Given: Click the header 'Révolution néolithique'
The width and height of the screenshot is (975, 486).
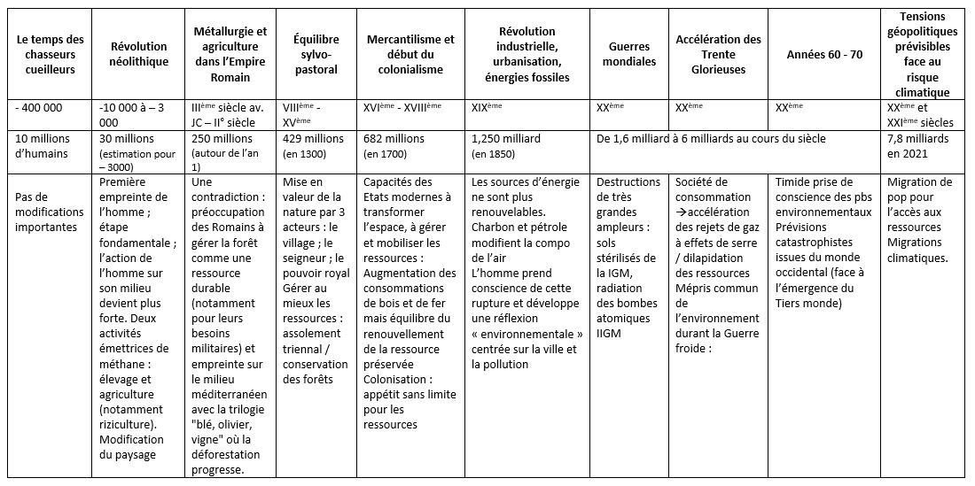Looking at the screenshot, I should point(138,54).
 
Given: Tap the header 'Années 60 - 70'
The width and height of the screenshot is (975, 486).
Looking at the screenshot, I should point(824,54).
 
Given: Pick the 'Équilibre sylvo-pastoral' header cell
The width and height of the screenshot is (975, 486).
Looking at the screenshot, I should point(316,54).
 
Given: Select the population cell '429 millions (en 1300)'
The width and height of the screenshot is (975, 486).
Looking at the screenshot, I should point(314,146).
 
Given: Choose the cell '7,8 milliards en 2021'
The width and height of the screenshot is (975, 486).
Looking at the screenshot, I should point(917,146).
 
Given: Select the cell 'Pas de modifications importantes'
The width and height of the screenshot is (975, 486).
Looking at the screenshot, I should point(50,212).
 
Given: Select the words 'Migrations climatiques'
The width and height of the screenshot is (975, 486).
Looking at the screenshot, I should point(916,250).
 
